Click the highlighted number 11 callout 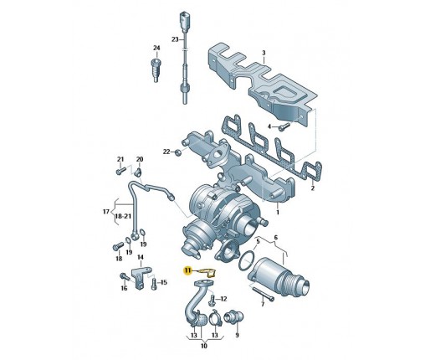pos(187,270)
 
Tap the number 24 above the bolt pos(156,49)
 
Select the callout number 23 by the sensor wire pos(175,39)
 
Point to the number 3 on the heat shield pos(264,53)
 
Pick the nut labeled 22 pos(177,152)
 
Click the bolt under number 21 pos(120,171)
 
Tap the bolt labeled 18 pos(118,246)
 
